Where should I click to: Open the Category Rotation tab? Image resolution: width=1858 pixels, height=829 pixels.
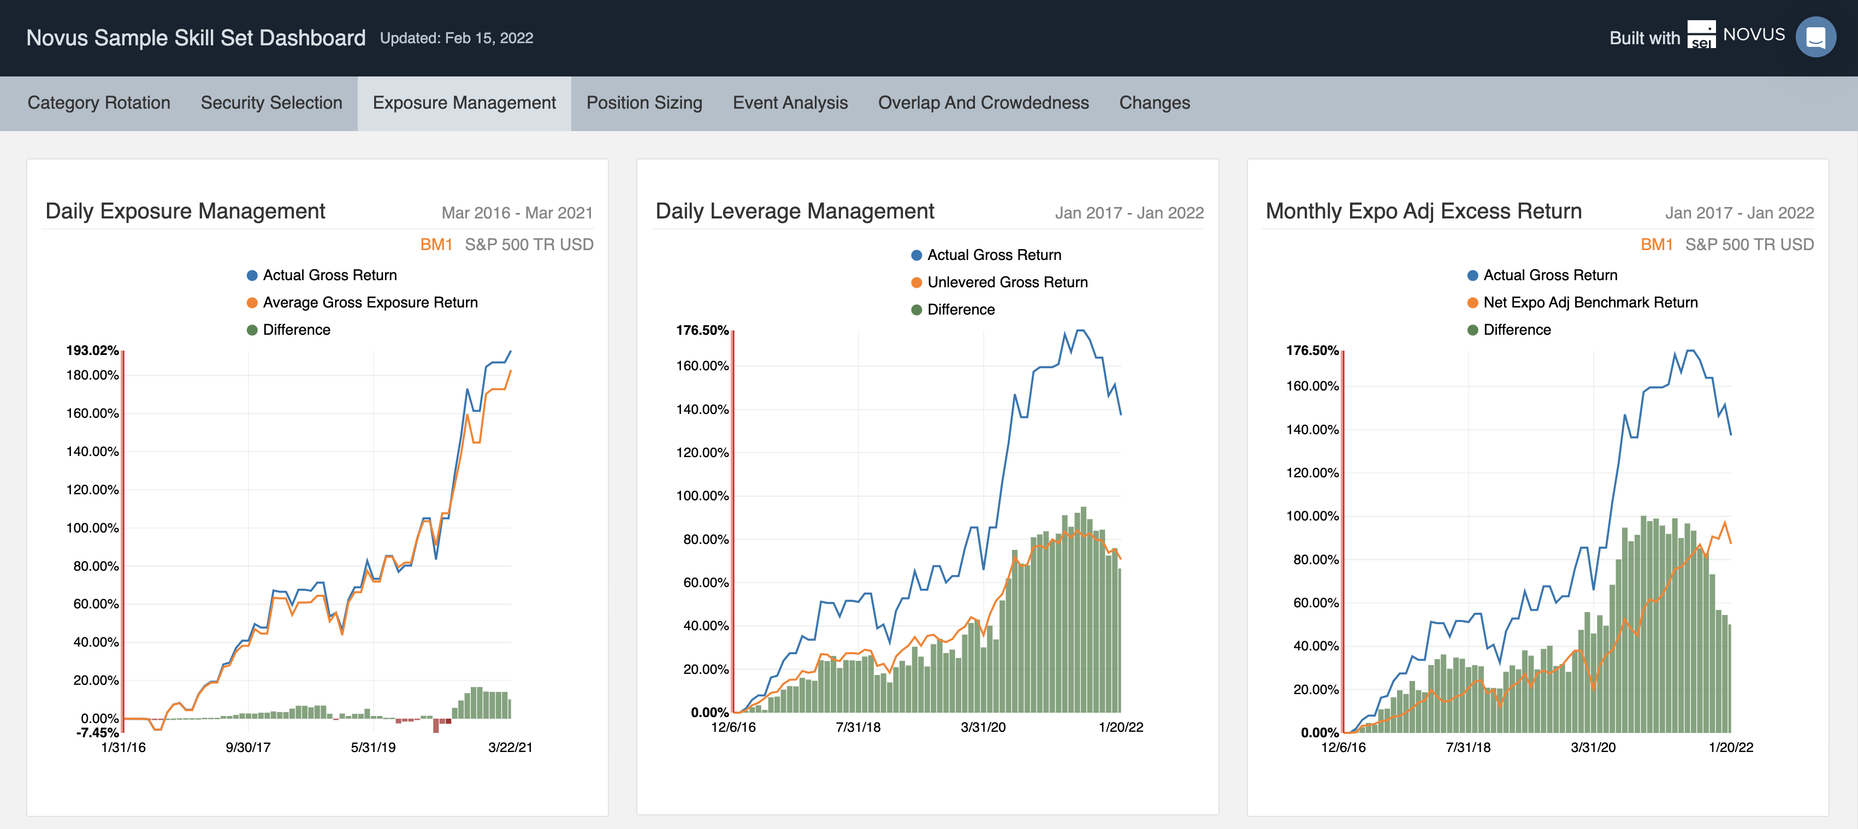coord(99,103)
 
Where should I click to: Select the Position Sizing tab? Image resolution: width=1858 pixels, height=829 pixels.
coord(644,103)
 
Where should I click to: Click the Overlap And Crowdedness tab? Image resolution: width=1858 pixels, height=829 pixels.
coord(983,103)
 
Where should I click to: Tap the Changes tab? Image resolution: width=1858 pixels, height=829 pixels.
coord(1154,103)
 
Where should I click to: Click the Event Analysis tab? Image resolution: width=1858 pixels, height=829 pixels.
coord(790,103)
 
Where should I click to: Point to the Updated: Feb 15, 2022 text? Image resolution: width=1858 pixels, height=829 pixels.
coord(457,38)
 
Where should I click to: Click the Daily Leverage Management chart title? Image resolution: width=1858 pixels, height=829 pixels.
coord(794,211)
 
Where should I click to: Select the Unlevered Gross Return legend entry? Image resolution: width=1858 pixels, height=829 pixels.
coord(1007,282)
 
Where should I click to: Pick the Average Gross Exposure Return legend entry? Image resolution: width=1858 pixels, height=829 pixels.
coord(370,303)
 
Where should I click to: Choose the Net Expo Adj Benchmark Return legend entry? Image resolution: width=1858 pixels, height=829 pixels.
coord(1590,303)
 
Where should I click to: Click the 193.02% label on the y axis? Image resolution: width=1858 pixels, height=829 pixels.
coord(92,350)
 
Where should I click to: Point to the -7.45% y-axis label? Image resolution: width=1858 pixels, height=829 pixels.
coord(97,732)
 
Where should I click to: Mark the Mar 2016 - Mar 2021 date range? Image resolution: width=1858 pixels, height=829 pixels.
coord(517,213)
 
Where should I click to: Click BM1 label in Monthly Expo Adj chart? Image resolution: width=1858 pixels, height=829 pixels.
coord(1656,245)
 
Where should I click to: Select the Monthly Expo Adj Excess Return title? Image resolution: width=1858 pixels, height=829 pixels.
coord(1423,211)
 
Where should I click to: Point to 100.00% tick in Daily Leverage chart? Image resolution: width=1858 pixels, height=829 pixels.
coord(702,496)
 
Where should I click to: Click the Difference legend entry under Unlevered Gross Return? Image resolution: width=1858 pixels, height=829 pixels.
coord(960,310)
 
